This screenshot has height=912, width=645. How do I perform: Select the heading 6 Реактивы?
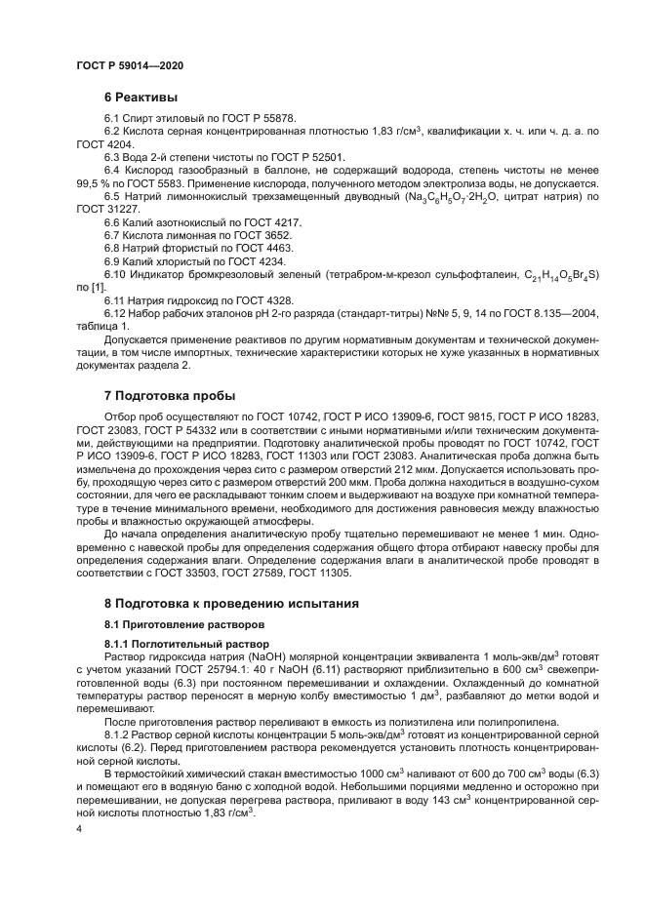(x=141, y=99)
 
